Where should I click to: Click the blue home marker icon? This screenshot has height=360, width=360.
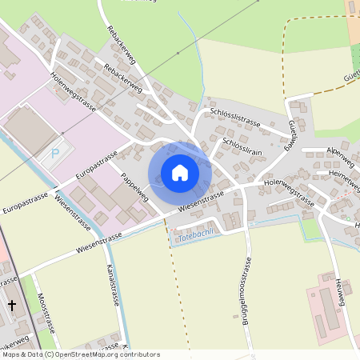[x=179, y=173]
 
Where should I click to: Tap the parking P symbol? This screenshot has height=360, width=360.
[x=54, y=153]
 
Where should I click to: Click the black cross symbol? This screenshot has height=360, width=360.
[x=12, y=305]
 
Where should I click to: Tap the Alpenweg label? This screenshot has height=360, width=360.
[x=339, y=150]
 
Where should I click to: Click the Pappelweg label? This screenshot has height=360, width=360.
[x=134, y=186]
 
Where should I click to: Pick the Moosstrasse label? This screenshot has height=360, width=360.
[x=46, y=312]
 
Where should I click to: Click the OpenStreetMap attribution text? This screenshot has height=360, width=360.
[x=80, y=354]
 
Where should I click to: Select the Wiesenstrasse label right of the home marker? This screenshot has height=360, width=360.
[x=201, y=201]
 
